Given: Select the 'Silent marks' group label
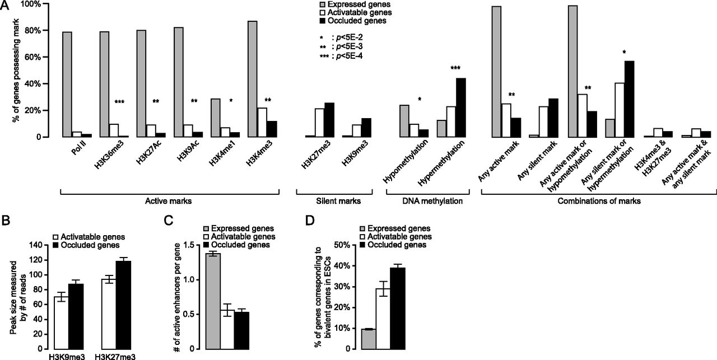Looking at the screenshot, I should click(335, 200).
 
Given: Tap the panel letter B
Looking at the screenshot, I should click(6, 221).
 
